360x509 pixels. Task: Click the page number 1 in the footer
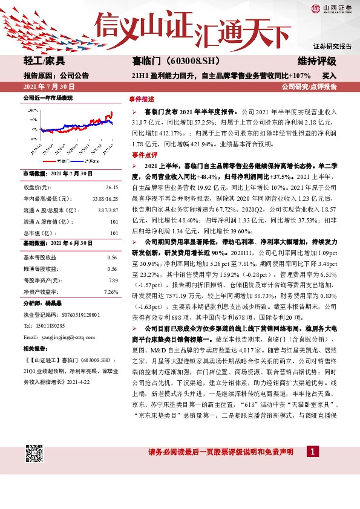pyautogui.click(x=312, y=452)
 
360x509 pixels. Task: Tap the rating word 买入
pyautogui.click(x=329, y=76)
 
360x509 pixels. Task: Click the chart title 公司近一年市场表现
pyautogui.click(x=48, y=97)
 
